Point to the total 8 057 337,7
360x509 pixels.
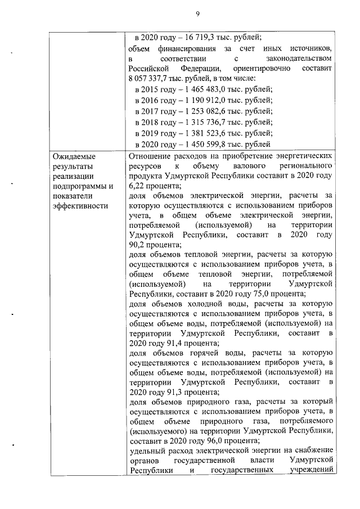(x=149, y=78)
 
